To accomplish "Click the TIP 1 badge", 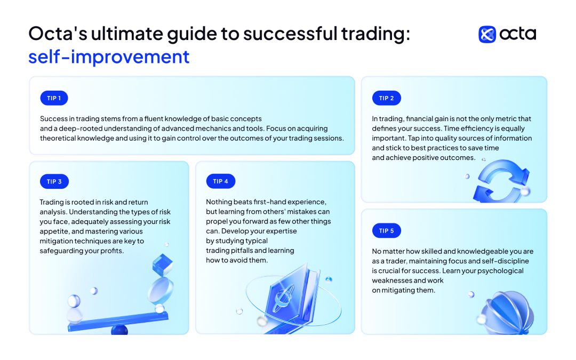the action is [x=54, y=98].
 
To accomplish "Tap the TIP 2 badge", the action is [x=386, y=98].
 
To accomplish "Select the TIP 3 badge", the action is [x=54, y=181].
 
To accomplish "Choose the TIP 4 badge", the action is [x=220, y=181].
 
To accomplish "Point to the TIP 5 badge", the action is [x=386, y=231].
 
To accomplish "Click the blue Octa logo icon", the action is [x=487, y=35].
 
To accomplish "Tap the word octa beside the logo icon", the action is [x=517, y=34].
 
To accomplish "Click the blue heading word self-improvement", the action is [x=109, y=57].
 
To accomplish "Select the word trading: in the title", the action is [x=375, y=34].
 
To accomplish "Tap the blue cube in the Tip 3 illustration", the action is [x=162, y=265].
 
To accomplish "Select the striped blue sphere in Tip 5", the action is [x=509, y=313].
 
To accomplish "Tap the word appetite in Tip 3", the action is [x=54, y=232].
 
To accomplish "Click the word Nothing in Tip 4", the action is [x=219, y=202].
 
